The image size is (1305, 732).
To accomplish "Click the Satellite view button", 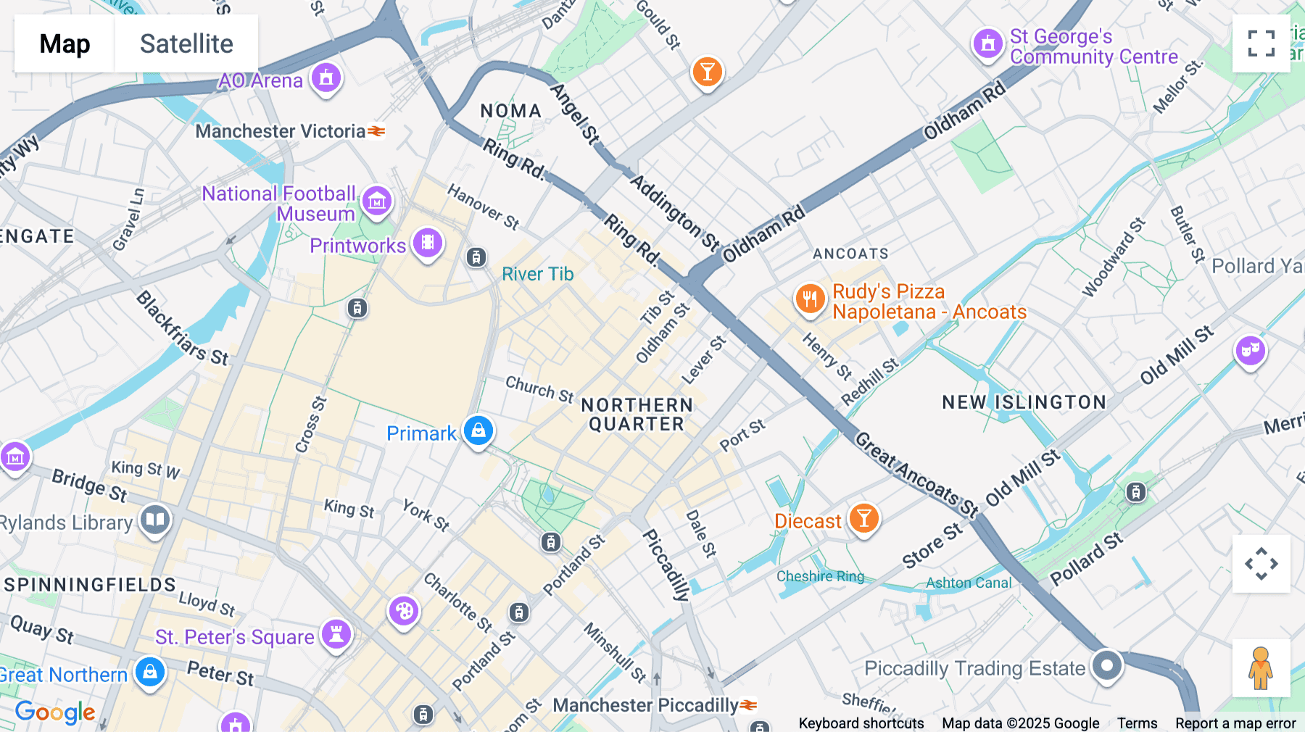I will click(x=186, y=43).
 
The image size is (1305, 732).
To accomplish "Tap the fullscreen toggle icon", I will click(x=1261, y=43).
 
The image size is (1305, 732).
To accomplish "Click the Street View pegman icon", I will click(x=1261, y=667).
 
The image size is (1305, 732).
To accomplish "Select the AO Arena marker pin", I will click(x=326, y=77).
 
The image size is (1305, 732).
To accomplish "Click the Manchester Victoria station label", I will click(x=281, y=131).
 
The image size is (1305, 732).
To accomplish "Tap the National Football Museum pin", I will click(x=377, y=201).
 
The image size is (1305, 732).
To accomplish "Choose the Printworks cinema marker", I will click(x=428, y=243).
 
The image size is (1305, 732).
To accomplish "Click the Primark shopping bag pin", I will click(x=478, y=431).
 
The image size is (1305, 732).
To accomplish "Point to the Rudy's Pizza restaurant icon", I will click(x=810, y=299).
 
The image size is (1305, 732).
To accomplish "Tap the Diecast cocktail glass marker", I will click(x=863, y=519).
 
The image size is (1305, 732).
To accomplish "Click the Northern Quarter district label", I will click(x=637, y=415).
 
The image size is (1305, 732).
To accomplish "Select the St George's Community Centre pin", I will click(x=987, y=43).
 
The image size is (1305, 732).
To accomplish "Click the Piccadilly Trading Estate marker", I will click(x=1107, y=665).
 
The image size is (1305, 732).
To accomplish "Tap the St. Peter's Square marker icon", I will click(x=336, y=634).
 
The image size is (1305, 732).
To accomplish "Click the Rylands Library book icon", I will click(x=155, y=519).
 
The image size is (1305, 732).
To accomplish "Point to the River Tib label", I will click(x=537, y=274).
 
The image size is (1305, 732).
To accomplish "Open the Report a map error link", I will click(x=1235, y=723).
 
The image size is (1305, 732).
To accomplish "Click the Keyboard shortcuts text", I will click(x=861, y=723).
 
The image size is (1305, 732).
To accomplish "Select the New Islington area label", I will click(x=1024, y=402).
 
